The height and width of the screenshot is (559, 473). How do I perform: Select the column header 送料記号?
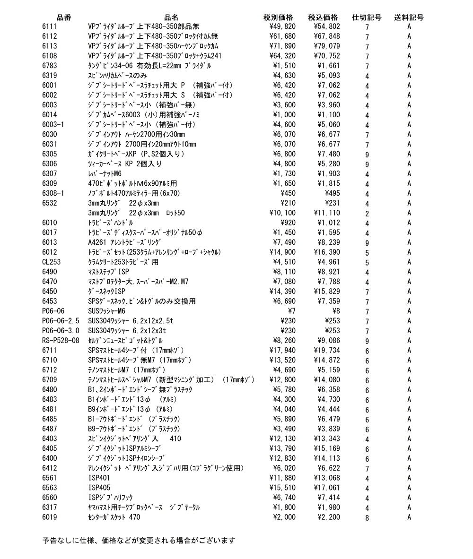[x=409, y=17]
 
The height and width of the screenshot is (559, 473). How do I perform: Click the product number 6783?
[x=50, y=66]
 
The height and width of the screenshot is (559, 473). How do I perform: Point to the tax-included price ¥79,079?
[x=326, y=46]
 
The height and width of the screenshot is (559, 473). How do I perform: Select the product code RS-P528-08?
[x=61, y=341]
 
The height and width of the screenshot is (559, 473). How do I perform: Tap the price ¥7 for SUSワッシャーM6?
[x=292, y=311]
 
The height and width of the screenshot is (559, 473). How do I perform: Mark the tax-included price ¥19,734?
[x=326, y=350]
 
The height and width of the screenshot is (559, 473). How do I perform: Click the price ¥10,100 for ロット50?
[x=282, y=213]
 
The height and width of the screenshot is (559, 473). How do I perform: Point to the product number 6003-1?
[x=53, y=125]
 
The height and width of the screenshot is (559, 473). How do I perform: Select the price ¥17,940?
[x=282, y=350]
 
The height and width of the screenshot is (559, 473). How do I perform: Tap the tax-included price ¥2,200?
[x=328, y=517]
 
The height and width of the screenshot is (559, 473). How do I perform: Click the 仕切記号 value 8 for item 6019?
[x=367, y=518]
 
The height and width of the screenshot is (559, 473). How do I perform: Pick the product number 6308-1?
[x=53, y=193]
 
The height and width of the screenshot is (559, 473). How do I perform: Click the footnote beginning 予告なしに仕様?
[x=139, y=540]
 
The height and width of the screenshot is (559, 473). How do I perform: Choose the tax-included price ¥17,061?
[x=326, y=488]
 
